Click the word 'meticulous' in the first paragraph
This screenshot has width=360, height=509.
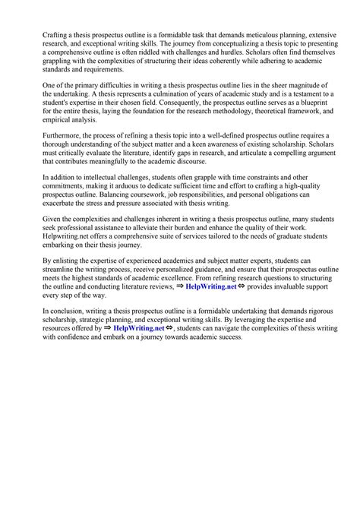pos(256,35)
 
